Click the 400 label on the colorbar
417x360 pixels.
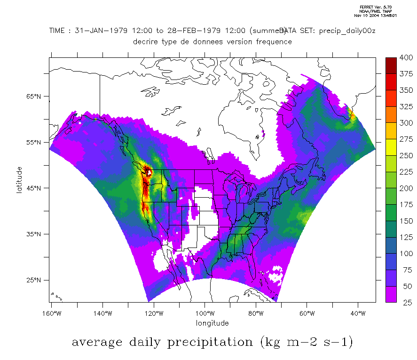tap(405, 57)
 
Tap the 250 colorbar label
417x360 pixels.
tap(405, 155)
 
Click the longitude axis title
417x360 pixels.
tap(212, 323)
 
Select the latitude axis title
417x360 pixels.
tap(19, 180)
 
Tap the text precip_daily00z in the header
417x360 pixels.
tap(347, 31)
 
